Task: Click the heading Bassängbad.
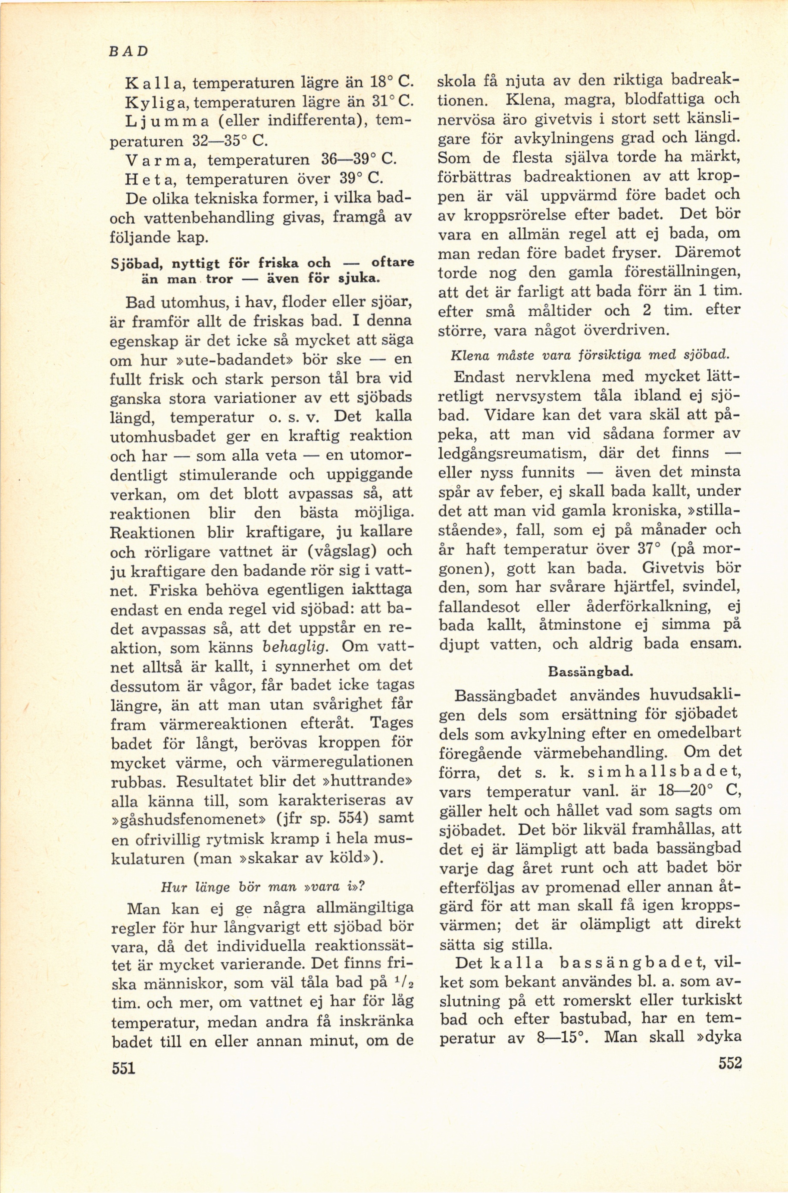pos(591,671)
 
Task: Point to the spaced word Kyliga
pos(157,102)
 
